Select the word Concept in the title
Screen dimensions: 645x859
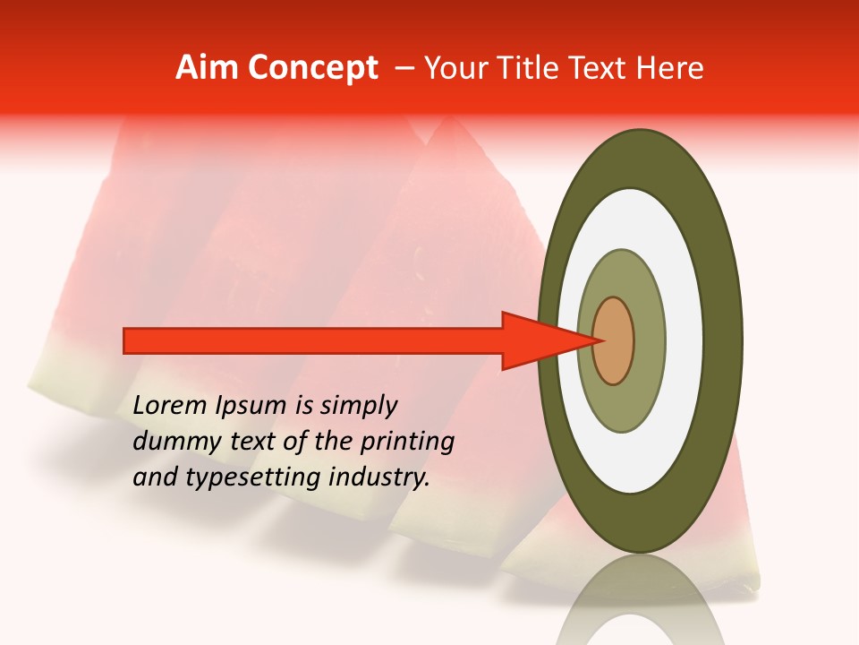click(313, 68)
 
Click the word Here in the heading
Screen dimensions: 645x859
click(669, 68)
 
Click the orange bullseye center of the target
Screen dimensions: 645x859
click(614, 341)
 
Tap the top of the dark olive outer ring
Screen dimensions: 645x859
click(640, 157)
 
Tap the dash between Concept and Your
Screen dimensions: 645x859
click(404, 68)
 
